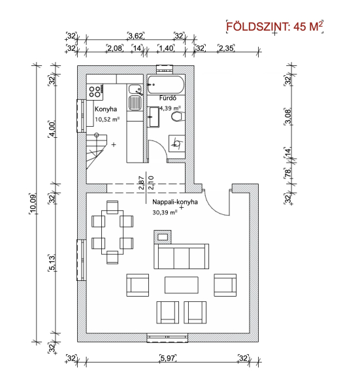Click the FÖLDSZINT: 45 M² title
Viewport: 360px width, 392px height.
[274, 26]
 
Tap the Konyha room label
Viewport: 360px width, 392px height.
[106, 109]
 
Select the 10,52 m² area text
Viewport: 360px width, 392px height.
[107, 120]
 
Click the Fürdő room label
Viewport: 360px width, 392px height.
[168, 98]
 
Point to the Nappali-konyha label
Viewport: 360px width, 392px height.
[175, 202]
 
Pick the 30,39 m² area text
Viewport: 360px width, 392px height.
[165, 212]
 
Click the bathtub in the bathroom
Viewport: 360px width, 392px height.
[165, 84]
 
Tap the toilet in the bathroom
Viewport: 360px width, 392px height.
[178, 117]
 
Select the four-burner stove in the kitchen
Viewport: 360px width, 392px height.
[95, 91]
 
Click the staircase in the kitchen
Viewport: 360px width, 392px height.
[97, 152]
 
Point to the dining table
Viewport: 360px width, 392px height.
[112, 232]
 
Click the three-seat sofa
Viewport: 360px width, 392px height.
[181, 257]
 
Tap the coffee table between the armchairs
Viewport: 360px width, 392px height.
[182, 285]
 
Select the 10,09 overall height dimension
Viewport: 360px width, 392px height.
[33, 204]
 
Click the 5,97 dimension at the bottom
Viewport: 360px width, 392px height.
[168, 358]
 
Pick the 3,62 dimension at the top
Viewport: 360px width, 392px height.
[136, 36]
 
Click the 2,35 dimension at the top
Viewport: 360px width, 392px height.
[226, 48]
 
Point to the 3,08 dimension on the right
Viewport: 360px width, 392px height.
[288, 117]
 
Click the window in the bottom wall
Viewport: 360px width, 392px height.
[167, 338]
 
